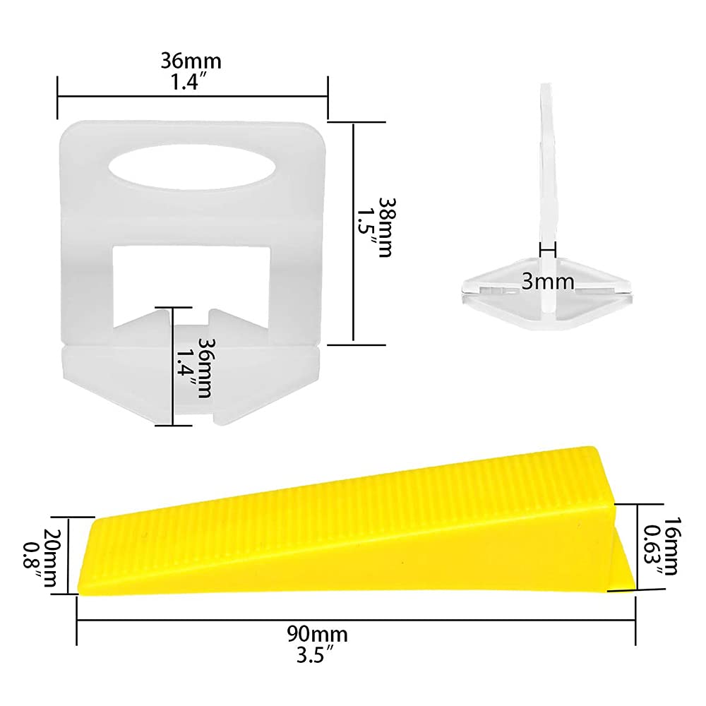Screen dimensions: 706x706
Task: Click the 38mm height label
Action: click(385, 227)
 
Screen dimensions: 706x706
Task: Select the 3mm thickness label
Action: click(548, 282)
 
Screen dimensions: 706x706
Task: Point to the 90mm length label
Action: click(318, 635)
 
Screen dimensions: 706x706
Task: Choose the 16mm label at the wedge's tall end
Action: click(671, 546)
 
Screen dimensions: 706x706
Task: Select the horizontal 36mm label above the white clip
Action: click(191, 61)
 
